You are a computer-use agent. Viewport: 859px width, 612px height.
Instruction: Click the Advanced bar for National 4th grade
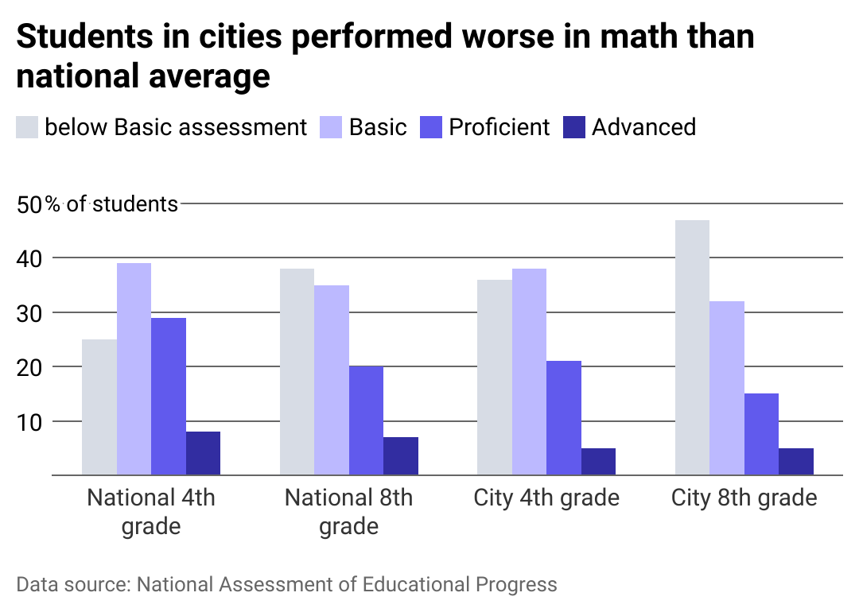click(203, 453)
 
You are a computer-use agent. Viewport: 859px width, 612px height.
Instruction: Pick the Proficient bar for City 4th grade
click(564, 418)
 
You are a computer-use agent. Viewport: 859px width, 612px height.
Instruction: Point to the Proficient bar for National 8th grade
click(366, 420)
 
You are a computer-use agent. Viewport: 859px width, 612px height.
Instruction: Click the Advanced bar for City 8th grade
click(796, 462)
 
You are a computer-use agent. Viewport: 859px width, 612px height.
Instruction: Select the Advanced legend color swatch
click(574, 127)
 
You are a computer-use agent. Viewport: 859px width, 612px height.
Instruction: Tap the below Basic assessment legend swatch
click(27, 127)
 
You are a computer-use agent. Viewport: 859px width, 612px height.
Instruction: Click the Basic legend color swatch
click(331, 127)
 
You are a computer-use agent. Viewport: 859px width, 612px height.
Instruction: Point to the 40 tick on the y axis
click(29, 258)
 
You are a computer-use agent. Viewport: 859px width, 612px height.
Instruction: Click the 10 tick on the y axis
click(29, 421)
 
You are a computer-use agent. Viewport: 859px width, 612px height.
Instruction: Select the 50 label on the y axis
click(29, 204)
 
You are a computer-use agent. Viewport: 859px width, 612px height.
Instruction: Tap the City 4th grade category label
click(546, 498)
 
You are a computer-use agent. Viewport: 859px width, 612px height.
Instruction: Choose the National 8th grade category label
click(348, 512)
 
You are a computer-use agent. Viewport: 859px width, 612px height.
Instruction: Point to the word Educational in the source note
click(418, 585)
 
